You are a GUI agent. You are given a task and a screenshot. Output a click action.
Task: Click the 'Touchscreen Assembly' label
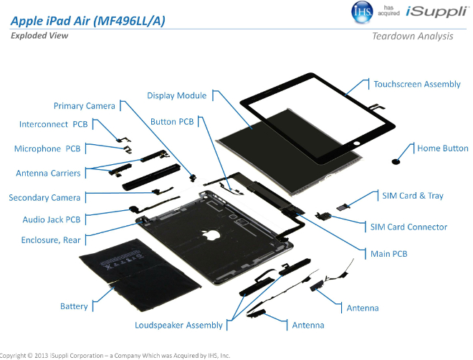416,84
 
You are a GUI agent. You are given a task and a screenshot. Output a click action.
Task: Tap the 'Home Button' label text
442,148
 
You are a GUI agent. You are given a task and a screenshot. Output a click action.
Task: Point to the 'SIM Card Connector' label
408,227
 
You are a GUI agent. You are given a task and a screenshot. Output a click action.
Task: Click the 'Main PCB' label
390,254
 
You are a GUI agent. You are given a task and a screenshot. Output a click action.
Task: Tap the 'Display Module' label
176,95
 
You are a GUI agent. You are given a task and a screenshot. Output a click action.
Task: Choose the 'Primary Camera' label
84,106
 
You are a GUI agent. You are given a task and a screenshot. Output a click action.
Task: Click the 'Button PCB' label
172,122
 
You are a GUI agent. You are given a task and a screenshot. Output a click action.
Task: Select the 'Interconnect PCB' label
53,124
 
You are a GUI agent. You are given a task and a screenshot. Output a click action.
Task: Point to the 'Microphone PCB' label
47,148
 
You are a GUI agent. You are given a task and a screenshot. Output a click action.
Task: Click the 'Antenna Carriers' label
48,173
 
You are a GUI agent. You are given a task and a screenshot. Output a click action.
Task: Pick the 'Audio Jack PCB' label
52,219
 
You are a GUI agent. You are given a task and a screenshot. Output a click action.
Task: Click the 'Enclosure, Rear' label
52,240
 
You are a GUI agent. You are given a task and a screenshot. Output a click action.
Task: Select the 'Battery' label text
74,306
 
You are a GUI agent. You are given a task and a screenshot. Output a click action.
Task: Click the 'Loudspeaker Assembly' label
178,325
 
